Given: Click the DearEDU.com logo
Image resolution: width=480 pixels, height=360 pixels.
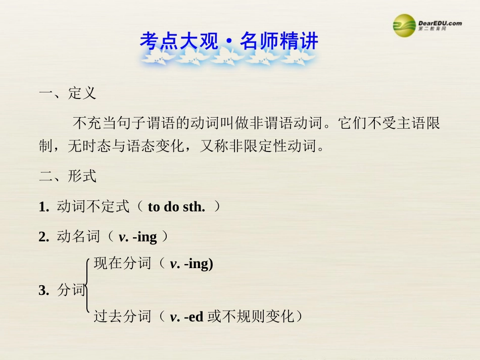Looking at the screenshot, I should point(427,24).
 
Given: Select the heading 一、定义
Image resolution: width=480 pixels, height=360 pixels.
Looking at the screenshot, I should point(67,93).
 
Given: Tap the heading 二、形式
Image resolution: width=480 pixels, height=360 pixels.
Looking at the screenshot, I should point(67,176).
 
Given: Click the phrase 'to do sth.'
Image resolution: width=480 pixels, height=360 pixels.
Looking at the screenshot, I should point(176,207).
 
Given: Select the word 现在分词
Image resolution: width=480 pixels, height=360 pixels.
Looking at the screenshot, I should point(122,263).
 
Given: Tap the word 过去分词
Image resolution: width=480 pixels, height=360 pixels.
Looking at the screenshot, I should point(122,317).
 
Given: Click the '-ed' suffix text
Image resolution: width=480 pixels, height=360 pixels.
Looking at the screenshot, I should point(194,318).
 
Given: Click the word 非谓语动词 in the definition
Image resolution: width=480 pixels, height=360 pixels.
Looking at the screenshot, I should point(286,123).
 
